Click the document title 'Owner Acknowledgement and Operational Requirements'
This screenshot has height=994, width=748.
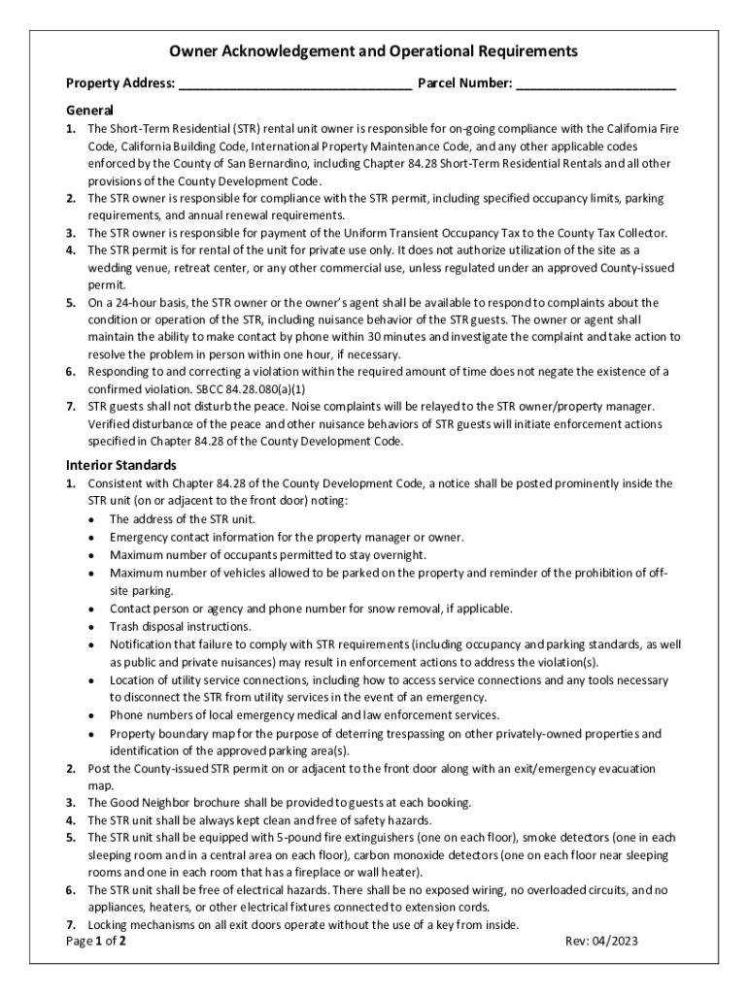[374, 51]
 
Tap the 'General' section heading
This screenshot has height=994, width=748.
[89, 110]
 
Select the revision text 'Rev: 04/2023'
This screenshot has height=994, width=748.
[601, 942]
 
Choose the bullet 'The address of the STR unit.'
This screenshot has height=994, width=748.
[182, 518]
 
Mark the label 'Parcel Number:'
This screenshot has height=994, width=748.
[464, 84]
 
